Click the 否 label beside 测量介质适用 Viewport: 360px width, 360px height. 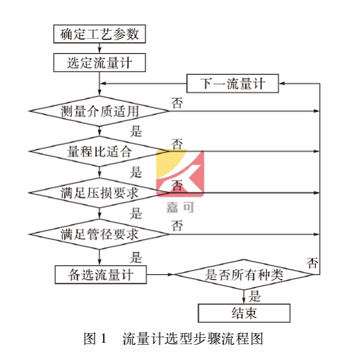(x=177, y=103)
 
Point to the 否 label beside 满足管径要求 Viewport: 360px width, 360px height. (x=177, y=226)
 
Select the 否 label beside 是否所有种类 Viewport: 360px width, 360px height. (x=312, y=262)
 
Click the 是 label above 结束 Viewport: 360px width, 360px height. (x=254, y=297)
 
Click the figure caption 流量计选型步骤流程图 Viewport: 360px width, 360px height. (x=193, y=339)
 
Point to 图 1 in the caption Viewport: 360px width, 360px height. (x=93, y=339)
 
